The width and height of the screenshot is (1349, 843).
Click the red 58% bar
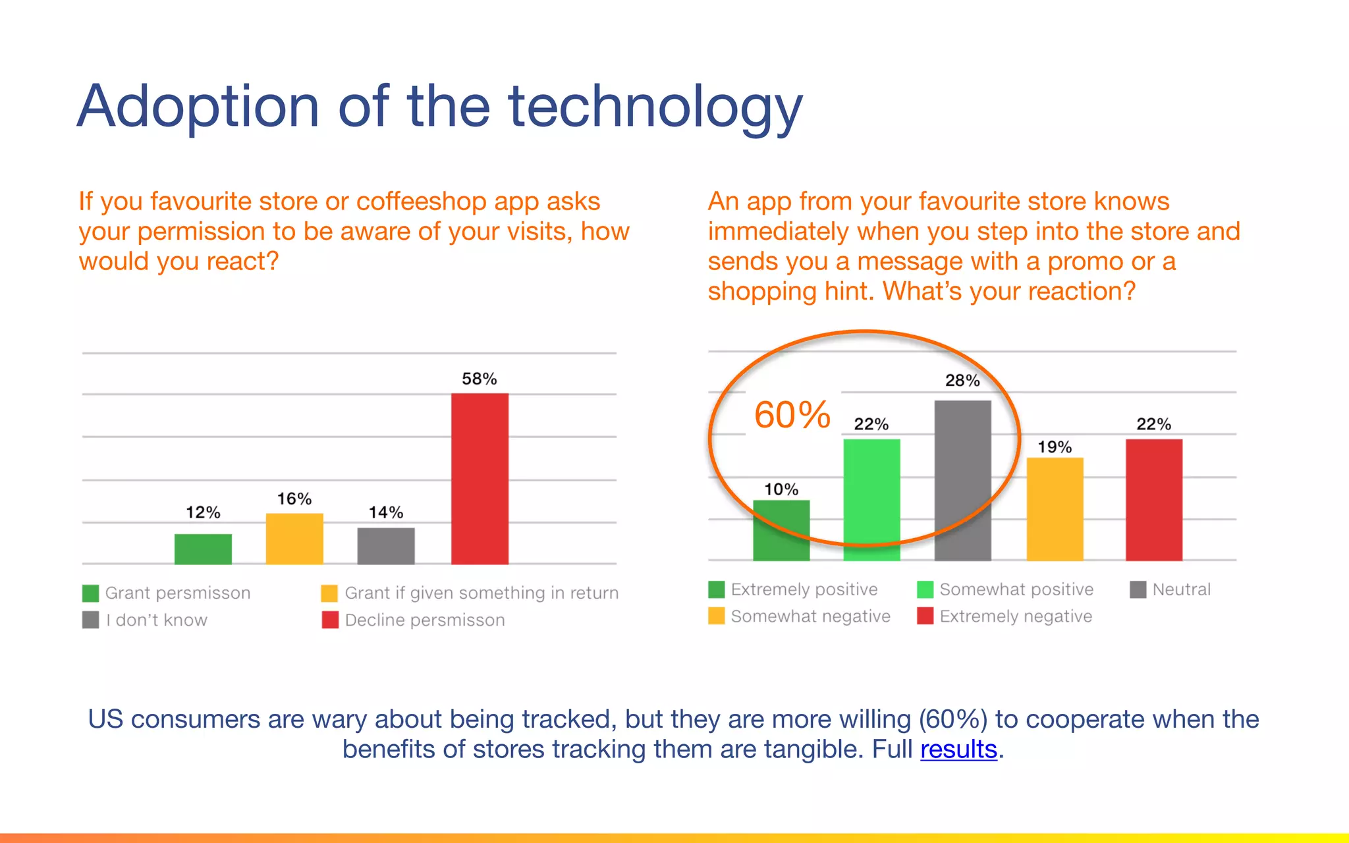pos(480,479)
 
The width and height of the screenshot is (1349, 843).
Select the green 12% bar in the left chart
pos(203,549)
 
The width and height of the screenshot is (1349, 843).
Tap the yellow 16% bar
pos(294,539)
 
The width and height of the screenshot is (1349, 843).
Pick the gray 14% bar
pos(386,546)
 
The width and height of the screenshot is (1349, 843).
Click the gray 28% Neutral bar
pos(962,480)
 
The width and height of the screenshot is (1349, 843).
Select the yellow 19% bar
pos(1055,509)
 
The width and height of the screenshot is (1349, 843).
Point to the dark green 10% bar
pos(781,530)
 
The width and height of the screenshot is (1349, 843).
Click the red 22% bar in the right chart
pos(1153,500)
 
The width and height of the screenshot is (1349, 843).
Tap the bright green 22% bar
pos(871,500)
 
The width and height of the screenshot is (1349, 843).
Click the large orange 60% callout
pos(792,415)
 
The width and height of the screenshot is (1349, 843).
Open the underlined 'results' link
pos(958,749)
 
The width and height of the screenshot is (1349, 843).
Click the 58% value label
pos(479,379)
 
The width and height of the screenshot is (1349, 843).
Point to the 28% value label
pos(962,381)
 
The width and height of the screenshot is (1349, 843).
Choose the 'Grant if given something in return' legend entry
pos(470,593)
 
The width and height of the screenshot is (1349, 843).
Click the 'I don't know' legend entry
pos(145,620)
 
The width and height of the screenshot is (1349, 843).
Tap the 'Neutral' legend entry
pos(1170,589)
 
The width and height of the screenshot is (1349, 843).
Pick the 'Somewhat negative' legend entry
pos(799,616)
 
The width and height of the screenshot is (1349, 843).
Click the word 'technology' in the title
pos(655,107)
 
